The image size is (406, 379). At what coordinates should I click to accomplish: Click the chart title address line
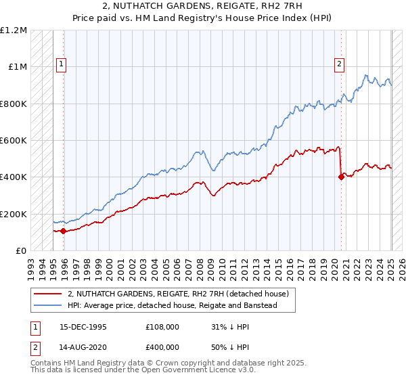[x=202, y=6]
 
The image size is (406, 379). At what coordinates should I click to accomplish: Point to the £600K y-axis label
[x=14, y=141]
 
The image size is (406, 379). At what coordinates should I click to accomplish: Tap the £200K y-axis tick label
[x=14, y=214]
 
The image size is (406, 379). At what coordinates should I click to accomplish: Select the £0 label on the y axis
[x=21, y=251]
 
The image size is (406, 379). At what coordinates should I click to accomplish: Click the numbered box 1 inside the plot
[x=61, y=65]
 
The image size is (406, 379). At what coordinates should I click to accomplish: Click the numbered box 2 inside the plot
[x=339, y=65]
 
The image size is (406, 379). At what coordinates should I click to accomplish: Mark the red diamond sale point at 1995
[x=64, y=231]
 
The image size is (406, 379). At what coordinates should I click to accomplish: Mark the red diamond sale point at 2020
[x=341, y=177]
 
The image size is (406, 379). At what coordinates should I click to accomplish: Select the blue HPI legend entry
[x=181, y=306]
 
